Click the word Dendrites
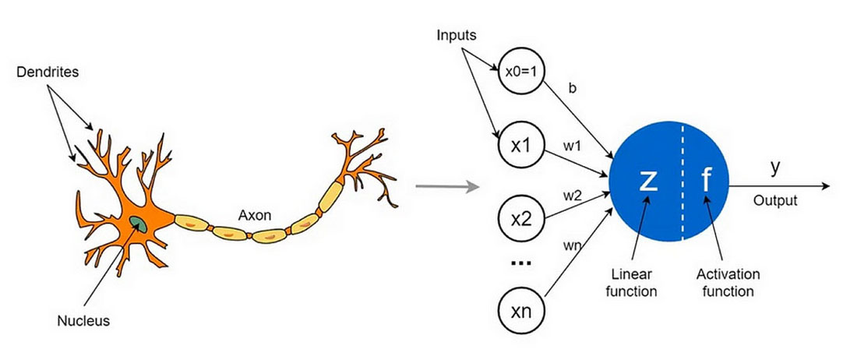(x=48, y=72)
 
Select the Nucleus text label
(x=83, y=321)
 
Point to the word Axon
(x=255, y=215)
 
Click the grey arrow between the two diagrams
(x=448, y=187)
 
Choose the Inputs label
(x=457, y=36)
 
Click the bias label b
(x=573, y=89)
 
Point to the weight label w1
(x=572, y=146)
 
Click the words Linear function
(x=632, y=282)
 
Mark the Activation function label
(x=728, y=282)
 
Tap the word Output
(x=775, y=201)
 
